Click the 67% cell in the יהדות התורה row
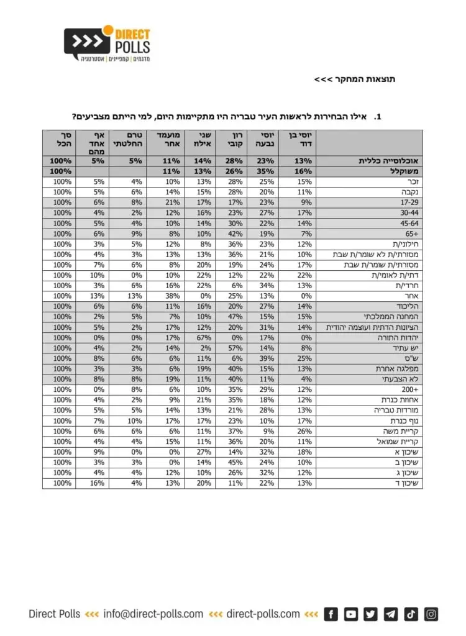tap(199, 337)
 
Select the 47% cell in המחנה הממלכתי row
tap(231, 317)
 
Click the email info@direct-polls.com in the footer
tap(153, 614)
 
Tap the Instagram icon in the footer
tap(431, 614)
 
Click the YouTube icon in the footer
tap(351, 614)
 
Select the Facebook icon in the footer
tap(331, 614)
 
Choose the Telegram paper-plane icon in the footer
tap(391, 614)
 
